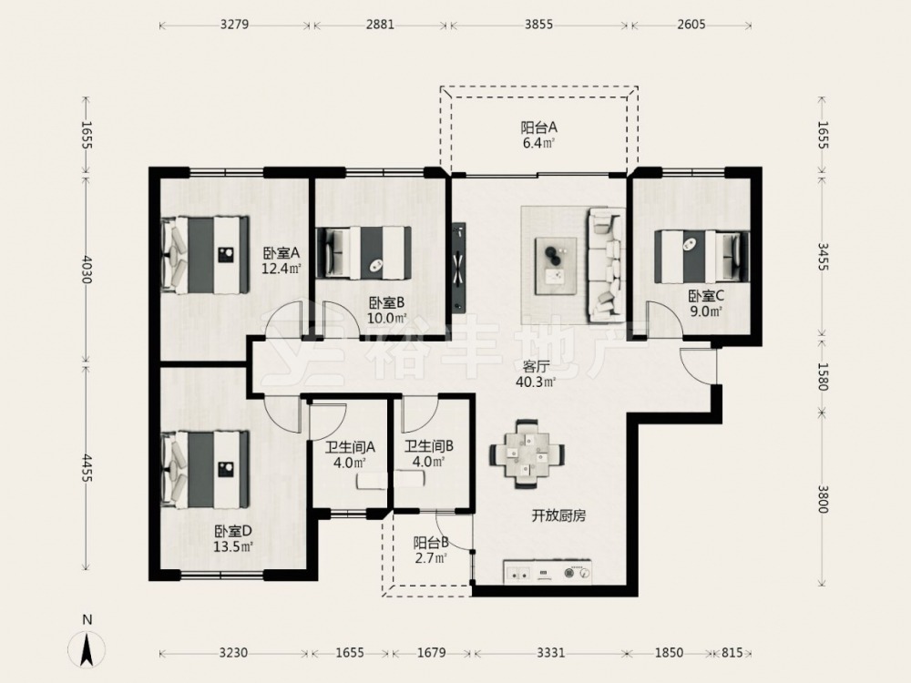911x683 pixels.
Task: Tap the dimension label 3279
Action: coord(235,25)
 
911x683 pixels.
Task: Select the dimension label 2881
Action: coord(380,25)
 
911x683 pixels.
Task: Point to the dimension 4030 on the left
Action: coord(87,269)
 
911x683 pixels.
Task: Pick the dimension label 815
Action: coord(732,653)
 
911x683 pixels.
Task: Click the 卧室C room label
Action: coord(706,296)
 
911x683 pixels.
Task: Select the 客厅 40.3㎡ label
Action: coord(536,374)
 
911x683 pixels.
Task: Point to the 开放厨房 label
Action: coord(558,515)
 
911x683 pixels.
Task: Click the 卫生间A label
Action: coord(350,446)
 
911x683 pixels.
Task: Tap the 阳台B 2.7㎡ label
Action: coord(431,551)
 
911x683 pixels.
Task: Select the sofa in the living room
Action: coord(607,264)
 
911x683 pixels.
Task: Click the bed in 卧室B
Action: coord(363,253)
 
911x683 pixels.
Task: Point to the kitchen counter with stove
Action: coord(548,572)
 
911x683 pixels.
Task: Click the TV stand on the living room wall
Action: coord(459,267)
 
